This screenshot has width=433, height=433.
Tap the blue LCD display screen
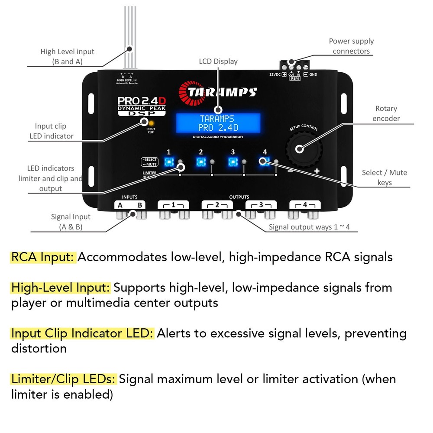218,123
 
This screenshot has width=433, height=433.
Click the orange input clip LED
150,123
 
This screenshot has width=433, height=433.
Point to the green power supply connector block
298,66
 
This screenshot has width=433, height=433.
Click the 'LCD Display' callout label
218,61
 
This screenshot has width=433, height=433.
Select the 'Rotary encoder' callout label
386,113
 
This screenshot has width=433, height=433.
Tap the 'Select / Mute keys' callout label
385,178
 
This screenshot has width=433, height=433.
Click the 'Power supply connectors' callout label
351,46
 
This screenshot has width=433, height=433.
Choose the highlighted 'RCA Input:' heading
43,257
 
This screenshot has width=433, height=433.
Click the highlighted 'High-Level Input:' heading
61,288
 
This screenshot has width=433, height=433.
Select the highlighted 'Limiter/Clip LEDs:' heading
64,379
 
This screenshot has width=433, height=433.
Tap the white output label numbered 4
305,204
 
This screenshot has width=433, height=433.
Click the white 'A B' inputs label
130,205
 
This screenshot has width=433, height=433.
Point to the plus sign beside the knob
317,171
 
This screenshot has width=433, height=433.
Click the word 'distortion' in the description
39,348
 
